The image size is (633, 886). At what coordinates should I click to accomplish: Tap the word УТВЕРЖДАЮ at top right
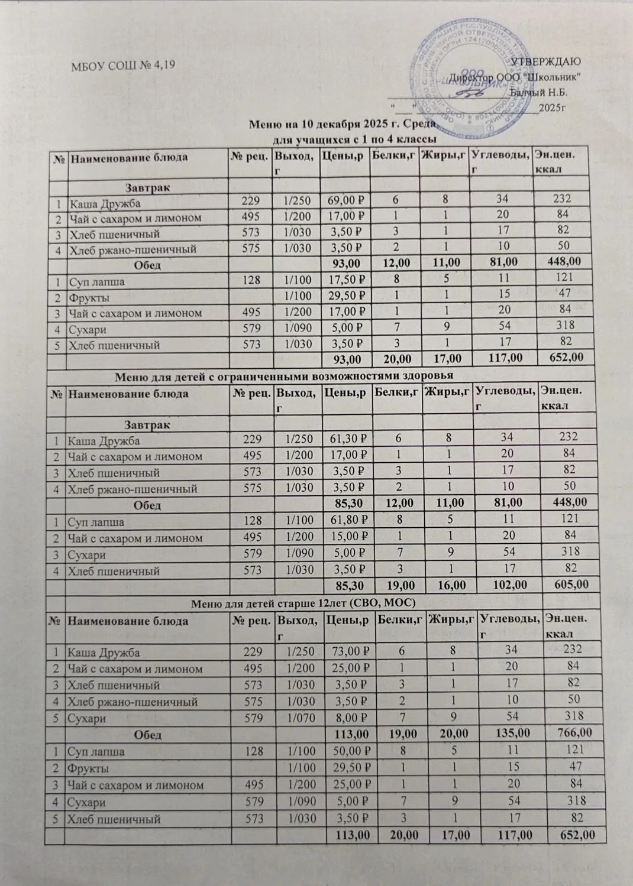pyautogui.click(x=546, y=61)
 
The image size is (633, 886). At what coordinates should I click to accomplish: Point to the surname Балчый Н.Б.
pyautogui.click(x=538, y=92)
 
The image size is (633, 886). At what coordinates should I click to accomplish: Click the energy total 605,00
pyautogui.click(x=569, y=585)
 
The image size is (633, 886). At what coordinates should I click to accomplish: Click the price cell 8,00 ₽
pyautogui.click(x=350, y=718)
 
